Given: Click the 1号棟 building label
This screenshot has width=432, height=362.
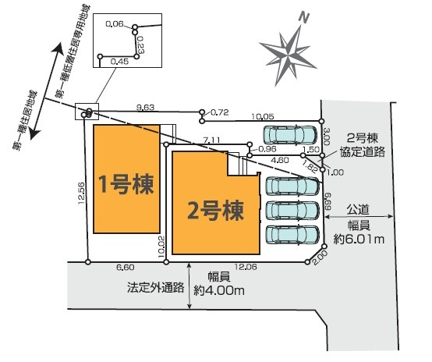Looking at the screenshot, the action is (126, 184).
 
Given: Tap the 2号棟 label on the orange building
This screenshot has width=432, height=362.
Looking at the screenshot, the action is (215, 211).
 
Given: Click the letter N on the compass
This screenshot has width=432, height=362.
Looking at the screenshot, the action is (303, 18).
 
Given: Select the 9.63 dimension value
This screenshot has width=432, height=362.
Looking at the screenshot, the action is (146, 107).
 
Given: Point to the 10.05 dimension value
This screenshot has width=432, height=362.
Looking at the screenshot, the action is (263, 116).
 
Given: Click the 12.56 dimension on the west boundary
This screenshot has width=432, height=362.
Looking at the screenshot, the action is (81, 193).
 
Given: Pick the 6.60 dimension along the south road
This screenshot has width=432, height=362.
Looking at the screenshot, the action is (126, 267).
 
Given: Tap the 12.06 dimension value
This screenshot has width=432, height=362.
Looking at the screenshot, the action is (246, 267).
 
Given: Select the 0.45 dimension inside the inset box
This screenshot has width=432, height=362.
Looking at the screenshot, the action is (119, 62).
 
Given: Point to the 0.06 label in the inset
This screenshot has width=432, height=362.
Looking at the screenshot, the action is (115, 24).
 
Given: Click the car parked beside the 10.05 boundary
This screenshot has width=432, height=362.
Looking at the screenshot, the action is (290, 135).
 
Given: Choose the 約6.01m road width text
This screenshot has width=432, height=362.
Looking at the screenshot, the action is (359, 239).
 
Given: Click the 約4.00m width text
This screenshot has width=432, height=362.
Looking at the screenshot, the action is (219, 290).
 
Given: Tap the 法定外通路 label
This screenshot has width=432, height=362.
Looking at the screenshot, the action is (155, 288).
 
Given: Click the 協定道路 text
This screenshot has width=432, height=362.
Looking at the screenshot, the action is (363, 152).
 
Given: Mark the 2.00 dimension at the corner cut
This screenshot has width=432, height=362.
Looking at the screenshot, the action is (320, 257).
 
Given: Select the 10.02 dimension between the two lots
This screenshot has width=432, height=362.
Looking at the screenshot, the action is (161, 247).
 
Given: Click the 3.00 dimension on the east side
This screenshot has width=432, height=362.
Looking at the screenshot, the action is (326, 137).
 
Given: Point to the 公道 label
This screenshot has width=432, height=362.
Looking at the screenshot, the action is (358, 210).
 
